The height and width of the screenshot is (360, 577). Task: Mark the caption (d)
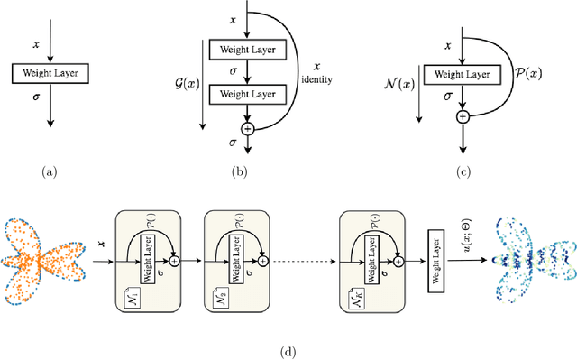(288, 350)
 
